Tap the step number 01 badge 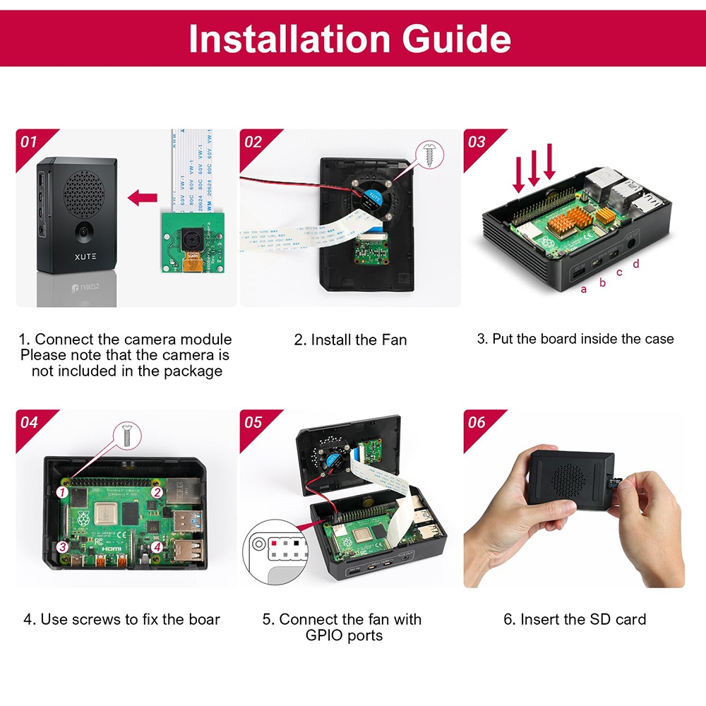click(29, 142)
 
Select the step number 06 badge click(477, 422)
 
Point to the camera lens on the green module click(191, 240)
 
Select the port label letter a click(583, 289)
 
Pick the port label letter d click(636, 264)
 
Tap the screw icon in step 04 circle click(128, 433)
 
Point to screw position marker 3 click(63, 546)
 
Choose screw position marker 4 click(157, 546)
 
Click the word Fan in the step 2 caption click(393, 340)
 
